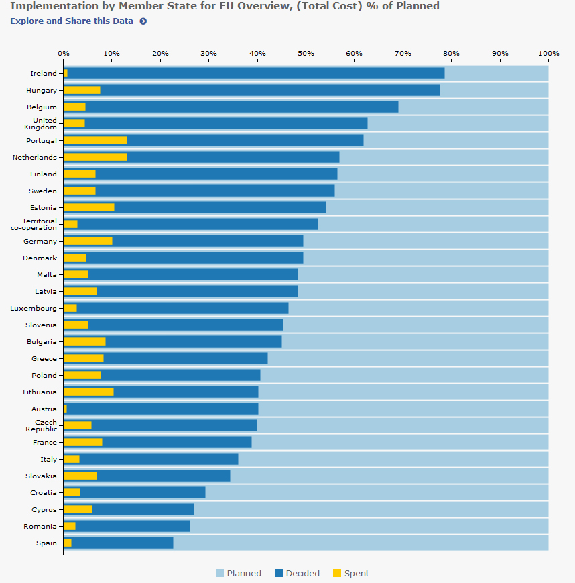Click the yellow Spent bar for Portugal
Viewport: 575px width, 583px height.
pyautogui.click(x=95, y=140)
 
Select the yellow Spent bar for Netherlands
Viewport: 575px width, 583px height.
pyautogui.click(x=95, y=157)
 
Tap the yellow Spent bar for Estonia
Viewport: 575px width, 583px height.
pyautogui.click(x=88, y=207)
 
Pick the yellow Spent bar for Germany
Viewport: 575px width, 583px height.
pyautogui.click(x=88, y=241)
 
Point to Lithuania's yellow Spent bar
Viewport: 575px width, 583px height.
pyautogui.click(x=88, y=392)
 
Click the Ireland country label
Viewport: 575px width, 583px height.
pyautogui.click(x=44, y=74)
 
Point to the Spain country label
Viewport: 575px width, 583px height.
pyautogui.click(x=46, y=543)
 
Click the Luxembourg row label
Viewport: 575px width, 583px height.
pyautogui.click(x=34, y=309)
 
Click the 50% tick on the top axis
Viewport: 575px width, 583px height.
pyautogui.click(x=306, y=53)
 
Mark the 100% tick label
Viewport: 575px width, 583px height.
pyautogui.click(x=548, y=53)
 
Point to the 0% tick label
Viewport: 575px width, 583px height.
pyautogui.click(x=63, y=53)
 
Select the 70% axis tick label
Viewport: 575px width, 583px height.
pyautogui.click(x=403, y=53)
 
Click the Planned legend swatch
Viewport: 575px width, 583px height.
pyautogui.click(x=219, y=574)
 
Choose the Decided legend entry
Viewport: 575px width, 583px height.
pyautogui.click(x=297, y=574)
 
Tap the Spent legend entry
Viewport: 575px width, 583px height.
pyautogui.click(x=351, y=574)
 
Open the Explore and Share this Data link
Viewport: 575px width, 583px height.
pyautogui.click(x=72, y=21)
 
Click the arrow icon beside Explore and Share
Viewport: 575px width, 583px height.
pyautogui.click(x=143, y=21)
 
